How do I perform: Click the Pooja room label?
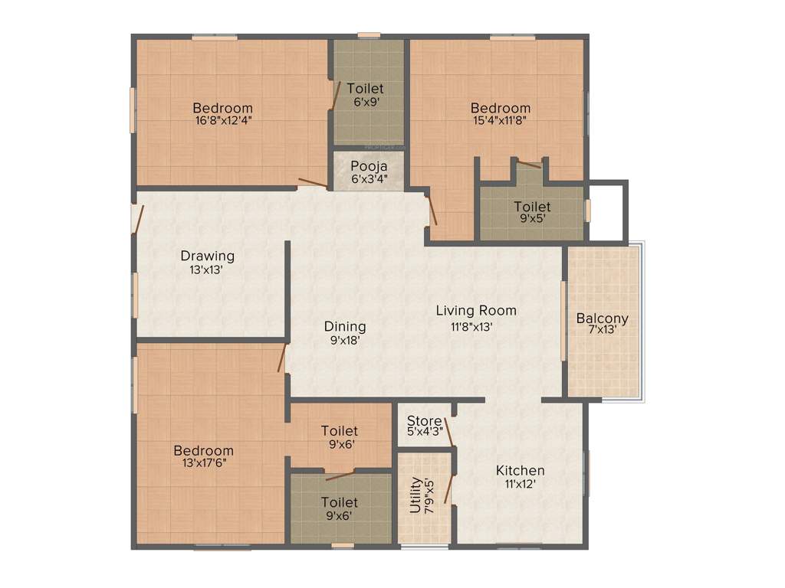(369, 166)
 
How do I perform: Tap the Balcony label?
(602, 318)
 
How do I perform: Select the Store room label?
(424, 421)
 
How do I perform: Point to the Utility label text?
(415, 495)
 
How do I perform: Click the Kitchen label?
(520, 470)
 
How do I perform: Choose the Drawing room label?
(207, 256)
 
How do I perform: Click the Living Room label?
(476, 311)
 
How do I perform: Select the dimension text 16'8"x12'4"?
(222, 120)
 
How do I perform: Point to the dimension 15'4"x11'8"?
(500, 120)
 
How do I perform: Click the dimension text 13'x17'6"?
(202, 462)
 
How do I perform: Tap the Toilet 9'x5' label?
(532, 207)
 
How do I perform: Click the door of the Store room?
(448, 431)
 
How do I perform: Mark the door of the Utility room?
(448, 489)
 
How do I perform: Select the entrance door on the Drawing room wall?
(137, 219)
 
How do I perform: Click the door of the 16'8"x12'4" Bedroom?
(313, 183)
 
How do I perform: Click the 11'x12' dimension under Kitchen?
(520, 484)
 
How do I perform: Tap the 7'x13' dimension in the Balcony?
(602, 331)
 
